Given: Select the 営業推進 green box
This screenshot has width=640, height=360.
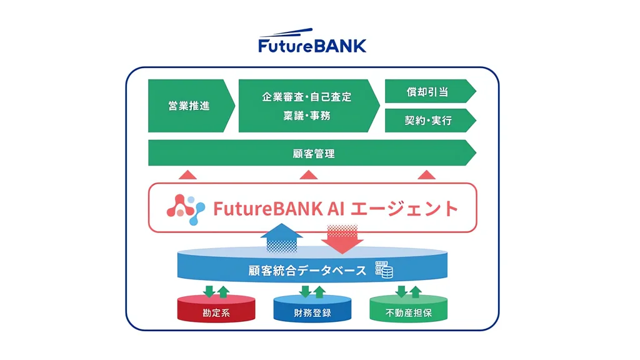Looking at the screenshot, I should (189, 106).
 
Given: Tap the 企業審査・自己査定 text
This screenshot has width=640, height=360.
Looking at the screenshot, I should (307, 97).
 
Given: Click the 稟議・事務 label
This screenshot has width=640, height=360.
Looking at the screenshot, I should (307, 116).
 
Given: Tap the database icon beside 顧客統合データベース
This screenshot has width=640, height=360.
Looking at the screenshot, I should (383, 270).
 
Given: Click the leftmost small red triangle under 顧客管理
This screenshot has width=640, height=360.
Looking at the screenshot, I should (187, 174).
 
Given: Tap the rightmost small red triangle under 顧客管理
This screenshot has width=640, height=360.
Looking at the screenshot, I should (426, 174).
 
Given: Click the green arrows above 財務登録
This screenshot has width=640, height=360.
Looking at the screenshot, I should (312, 291).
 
